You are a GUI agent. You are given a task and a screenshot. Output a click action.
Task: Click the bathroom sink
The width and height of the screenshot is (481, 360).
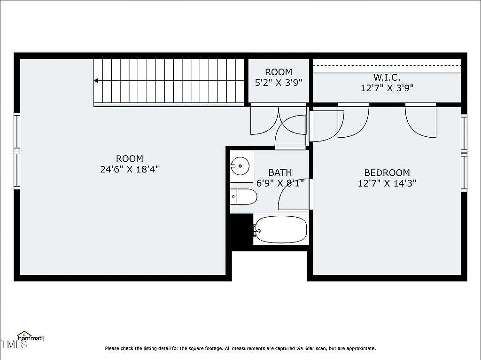(x=240, y=166)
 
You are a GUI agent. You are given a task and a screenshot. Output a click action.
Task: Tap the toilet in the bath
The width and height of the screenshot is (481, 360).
(x=244, y=197)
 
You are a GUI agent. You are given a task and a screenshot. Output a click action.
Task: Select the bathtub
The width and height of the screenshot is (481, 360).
(x=281, y=230)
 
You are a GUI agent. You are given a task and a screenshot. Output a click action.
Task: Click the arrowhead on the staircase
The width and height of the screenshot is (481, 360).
(x=96, y=81)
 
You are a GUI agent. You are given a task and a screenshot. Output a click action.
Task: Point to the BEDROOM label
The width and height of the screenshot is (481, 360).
(x=387, y=172)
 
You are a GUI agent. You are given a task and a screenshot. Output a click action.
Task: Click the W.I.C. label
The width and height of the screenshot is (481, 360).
(x=387, y=78)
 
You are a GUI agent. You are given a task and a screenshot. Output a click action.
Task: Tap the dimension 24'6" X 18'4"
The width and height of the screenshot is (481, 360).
(x=130, y=169)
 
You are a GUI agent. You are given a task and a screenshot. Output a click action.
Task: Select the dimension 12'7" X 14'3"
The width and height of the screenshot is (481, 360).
(x=387, y=183)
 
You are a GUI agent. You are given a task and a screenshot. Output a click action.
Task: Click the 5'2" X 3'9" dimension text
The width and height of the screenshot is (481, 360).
(x=279, y=83)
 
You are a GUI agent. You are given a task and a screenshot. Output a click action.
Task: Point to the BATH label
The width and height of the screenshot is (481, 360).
(x=280, y=172)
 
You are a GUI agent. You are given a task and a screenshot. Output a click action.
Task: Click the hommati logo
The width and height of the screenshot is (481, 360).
(x=31, y=337)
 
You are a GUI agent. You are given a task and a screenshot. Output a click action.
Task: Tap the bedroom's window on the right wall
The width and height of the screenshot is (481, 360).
(x=464, y=153)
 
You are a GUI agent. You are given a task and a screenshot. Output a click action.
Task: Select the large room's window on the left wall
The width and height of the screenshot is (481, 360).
(x=17, y=151)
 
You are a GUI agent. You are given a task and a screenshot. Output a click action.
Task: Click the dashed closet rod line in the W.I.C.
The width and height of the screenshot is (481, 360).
(x=387, y=65)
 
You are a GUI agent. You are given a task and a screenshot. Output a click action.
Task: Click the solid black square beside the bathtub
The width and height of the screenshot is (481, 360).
(x=241, y=229)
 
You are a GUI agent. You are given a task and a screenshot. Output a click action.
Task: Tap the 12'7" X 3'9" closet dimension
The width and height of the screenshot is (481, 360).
(x=387, y=88)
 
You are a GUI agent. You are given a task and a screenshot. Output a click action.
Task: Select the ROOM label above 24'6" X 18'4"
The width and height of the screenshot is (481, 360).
(x=130, y=159)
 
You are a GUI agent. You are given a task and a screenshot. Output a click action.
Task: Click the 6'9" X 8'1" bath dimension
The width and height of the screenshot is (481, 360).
(x=280, y=183)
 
